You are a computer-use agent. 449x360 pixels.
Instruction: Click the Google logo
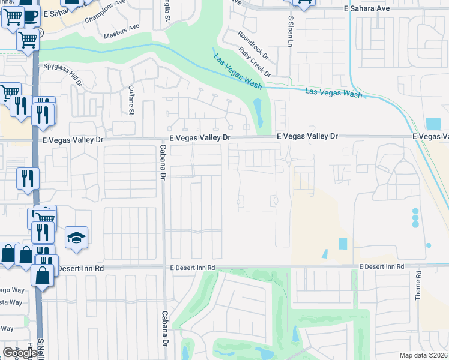pos(20,353)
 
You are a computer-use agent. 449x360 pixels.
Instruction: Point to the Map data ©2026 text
pos(423,355)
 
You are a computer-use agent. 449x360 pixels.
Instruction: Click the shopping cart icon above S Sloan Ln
pos(303,2)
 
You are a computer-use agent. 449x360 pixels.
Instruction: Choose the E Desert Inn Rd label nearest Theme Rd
pos(381,266)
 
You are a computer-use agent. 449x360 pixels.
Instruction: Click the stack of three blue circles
pos(415,217)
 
